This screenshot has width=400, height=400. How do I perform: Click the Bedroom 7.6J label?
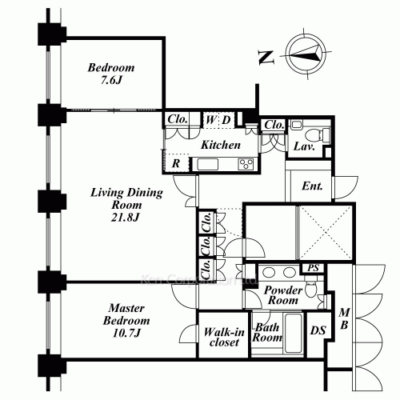tap(111, 74)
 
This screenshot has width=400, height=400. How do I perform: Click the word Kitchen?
tap(220, 145)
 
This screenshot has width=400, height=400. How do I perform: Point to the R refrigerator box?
tap(175, 163)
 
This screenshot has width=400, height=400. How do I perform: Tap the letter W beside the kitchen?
tap(210, 121)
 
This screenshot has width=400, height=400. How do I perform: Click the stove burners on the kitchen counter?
tap(246, 164)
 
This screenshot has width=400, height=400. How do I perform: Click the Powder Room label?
tap(282, 294)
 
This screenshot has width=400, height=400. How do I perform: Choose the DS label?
tap(318, 330)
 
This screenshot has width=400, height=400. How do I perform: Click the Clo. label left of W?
tap(178, 121)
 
